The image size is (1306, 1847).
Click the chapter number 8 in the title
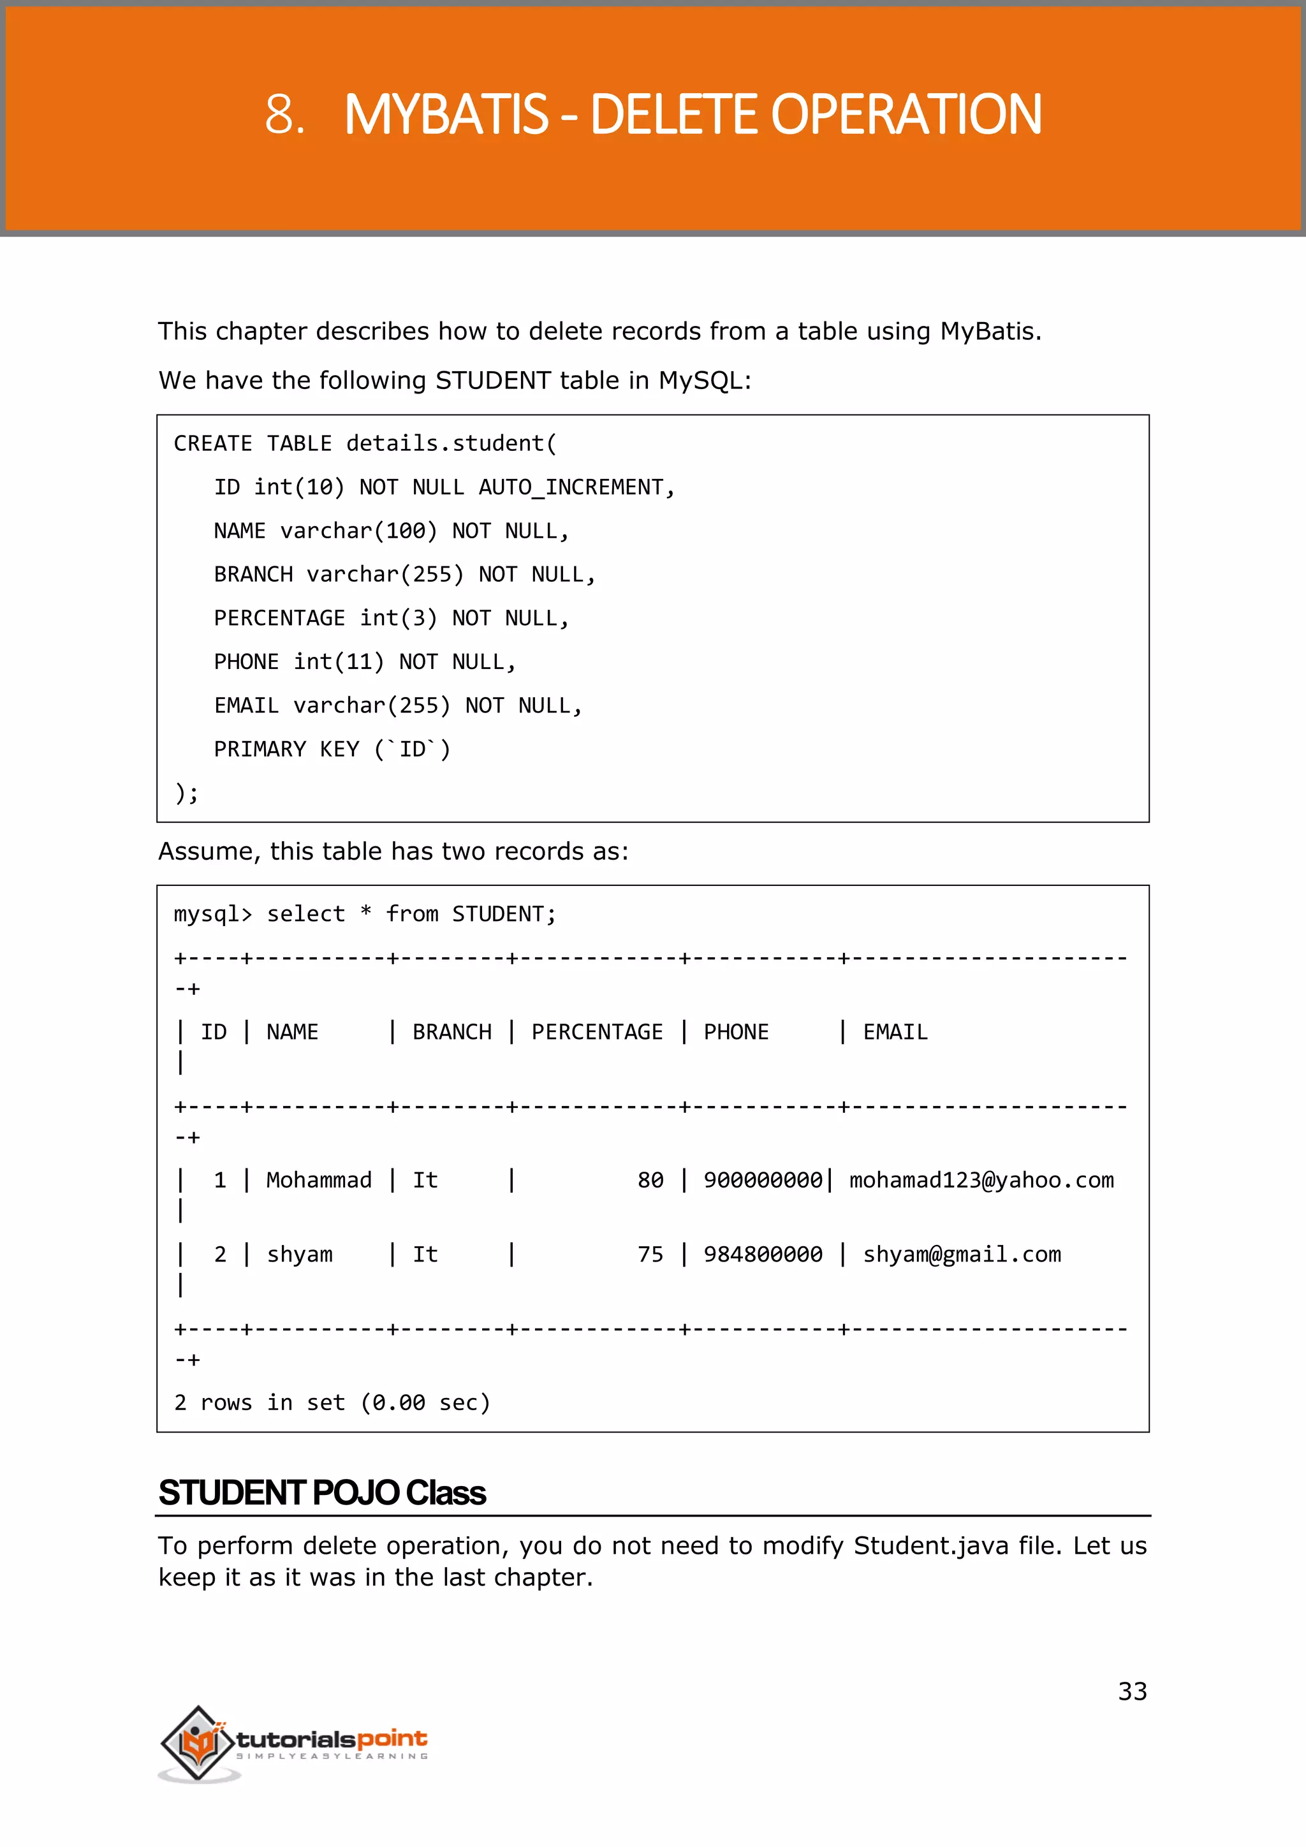click(x=280, y=114)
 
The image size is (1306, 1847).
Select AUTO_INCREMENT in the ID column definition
click(x=571, y=487)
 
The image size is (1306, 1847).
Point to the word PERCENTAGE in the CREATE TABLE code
click(x=279, y=618)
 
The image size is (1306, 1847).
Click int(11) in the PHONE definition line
click(x=339, y=662)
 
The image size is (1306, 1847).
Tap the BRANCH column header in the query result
click(x=452, y=1032)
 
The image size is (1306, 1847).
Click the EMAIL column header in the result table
click(x=895, y=1032)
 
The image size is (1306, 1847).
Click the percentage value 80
click(x=650, y=1180)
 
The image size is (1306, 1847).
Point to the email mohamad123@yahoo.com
click(x=981, y=1180)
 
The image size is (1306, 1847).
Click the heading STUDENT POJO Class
click(x=321, y=1493)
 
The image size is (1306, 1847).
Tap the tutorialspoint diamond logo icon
click(x=198, y=1742)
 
